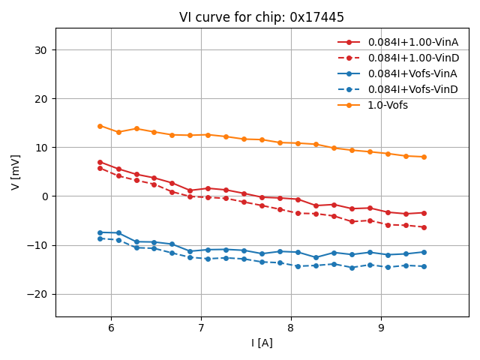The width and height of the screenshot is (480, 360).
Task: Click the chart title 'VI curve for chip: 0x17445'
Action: [x=262, y=17]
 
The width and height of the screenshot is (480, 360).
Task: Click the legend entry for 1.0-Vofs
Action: [x=388, y=105]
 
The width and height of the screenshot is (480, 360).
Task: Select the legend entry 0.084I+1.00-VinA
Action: [x=412, y=42]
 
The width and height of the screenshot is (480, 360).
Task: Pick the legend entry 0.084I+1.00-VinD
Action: [x=412, y=58]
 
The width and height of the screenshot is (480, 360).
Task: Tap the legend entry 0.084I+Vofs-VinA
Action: [x=412, y=73]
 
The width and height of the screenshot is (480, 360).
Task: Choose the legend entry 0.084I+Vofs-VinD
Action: [x=412, y=89]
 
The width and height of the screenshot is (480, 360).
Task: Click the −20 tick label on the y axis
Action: [x=36, y=294]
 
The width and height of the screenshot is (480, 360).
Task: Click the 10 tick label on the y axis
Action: [x=41, y=148]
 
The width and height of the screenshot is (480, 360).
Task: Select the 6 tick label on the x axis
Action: [x=111, y=328]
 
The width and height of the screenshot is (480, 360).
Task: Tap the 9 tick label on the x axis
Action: [x=381, y=328]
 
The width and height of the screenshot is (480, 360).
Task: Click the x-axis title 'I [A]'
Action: [x=262, y=343]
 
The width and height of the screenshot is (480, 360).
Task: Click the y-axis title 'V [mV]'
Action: [x=16, y=172]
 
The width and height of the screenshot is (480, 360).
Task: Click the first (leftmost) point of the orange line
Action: [x=100, y=126]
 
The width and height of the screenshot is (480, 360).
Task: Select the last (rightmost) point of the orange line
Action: [x=424, y=157]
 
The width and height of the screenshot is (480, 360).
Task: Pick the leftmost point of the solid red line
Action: [x=100, y=162]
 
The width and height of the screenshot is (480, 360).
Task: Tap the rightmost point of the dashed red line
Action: [x=424, y=227]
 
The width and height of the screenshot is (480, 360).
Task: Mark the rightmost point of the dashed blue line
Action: [x=424, y=266]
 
